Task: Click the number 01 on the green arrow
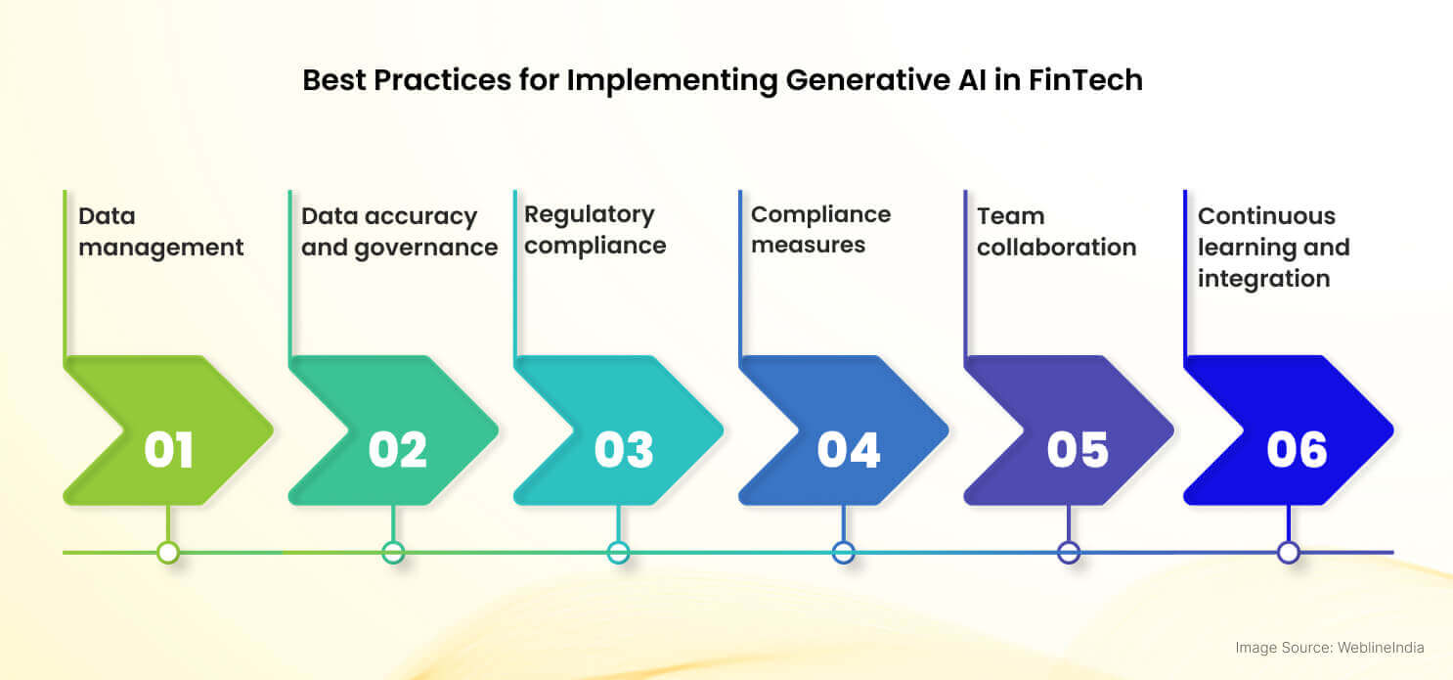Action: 168,450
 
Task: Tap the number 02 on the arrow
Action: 397,450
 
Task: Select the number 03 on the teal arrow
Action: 623,450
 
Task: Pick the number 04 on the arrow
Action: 848,450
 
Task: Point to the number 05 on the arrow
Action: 1078,450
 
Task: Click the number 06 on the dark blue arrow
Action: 1297,450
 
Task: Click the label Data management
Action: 161,232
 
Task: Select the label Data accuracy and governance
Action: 399,232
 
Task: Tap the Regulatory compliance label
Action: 594,230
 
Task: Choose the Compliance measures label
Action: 820,230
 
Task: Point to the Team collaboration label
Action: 1056,232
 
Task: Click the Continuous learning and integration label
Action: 1273,247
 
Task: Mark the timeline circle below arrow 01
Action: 168,553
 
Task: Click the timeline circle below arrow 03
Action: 618,553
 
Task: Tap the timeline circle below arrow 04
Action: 843,553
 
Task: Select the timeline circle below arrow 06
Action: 1289,553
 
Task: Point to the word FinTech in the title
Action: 1085,80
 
